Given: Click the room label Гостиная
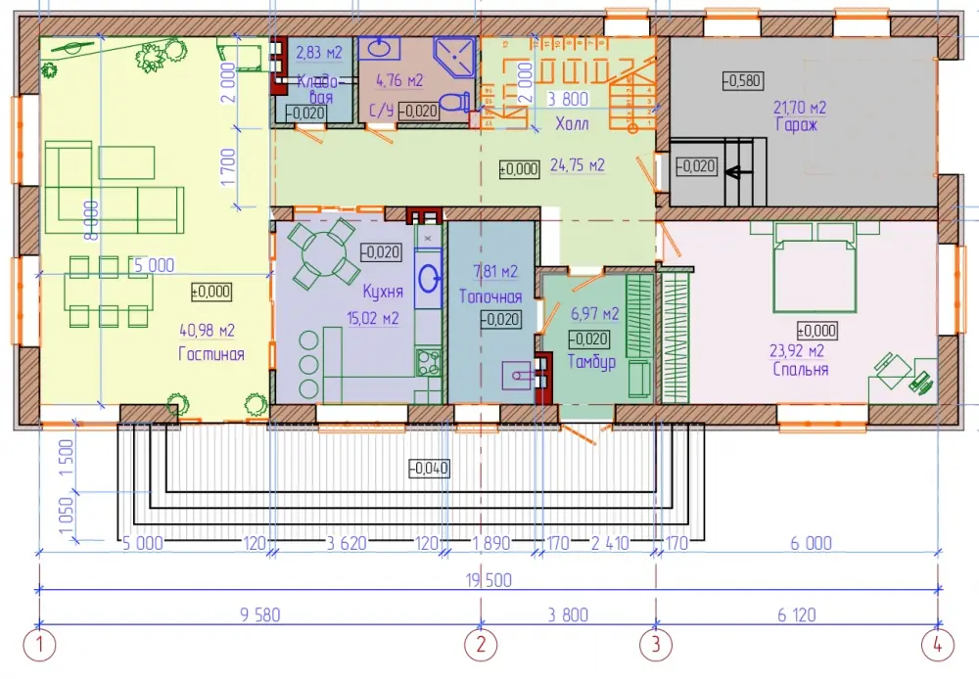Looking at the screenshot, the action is (x=211, y=354).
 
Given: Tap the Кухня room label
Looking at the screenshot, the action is (x=383, y=292).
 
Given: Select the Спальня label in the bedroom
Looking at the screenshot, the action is (x=801, y=369).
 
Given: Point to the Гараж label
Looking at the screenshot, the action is (x=796, y=125).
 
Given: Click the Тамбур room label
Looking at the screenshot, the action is (x=591, y=361).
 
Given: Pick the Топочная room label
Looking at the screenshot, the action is (x=490, y=295).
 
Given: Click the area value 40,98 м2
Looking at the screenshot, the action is (x=207, y=330).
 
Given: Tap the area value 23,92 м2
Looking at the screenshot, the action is (x=797, y=350).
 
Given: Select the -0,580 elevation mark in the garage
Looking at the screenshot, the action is (x=742, y=80).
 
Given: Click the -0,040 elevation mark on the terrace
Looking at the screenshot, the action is (x=429, y=468).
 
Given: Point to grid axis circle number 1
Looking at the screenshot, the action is (x=40, y=645).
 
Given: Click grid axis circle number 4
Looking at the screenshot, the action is (x=938, y=645).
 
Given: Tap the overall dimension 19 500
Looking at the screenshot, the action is (x=489, y=580).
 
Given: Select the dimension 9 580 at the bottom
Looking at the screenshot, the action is (x=259, y=614).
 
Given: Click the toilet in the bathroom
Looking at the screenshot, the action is (x=454, y=102).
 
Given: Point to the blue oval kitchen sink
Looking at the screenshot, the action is (x=428, y=278).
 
